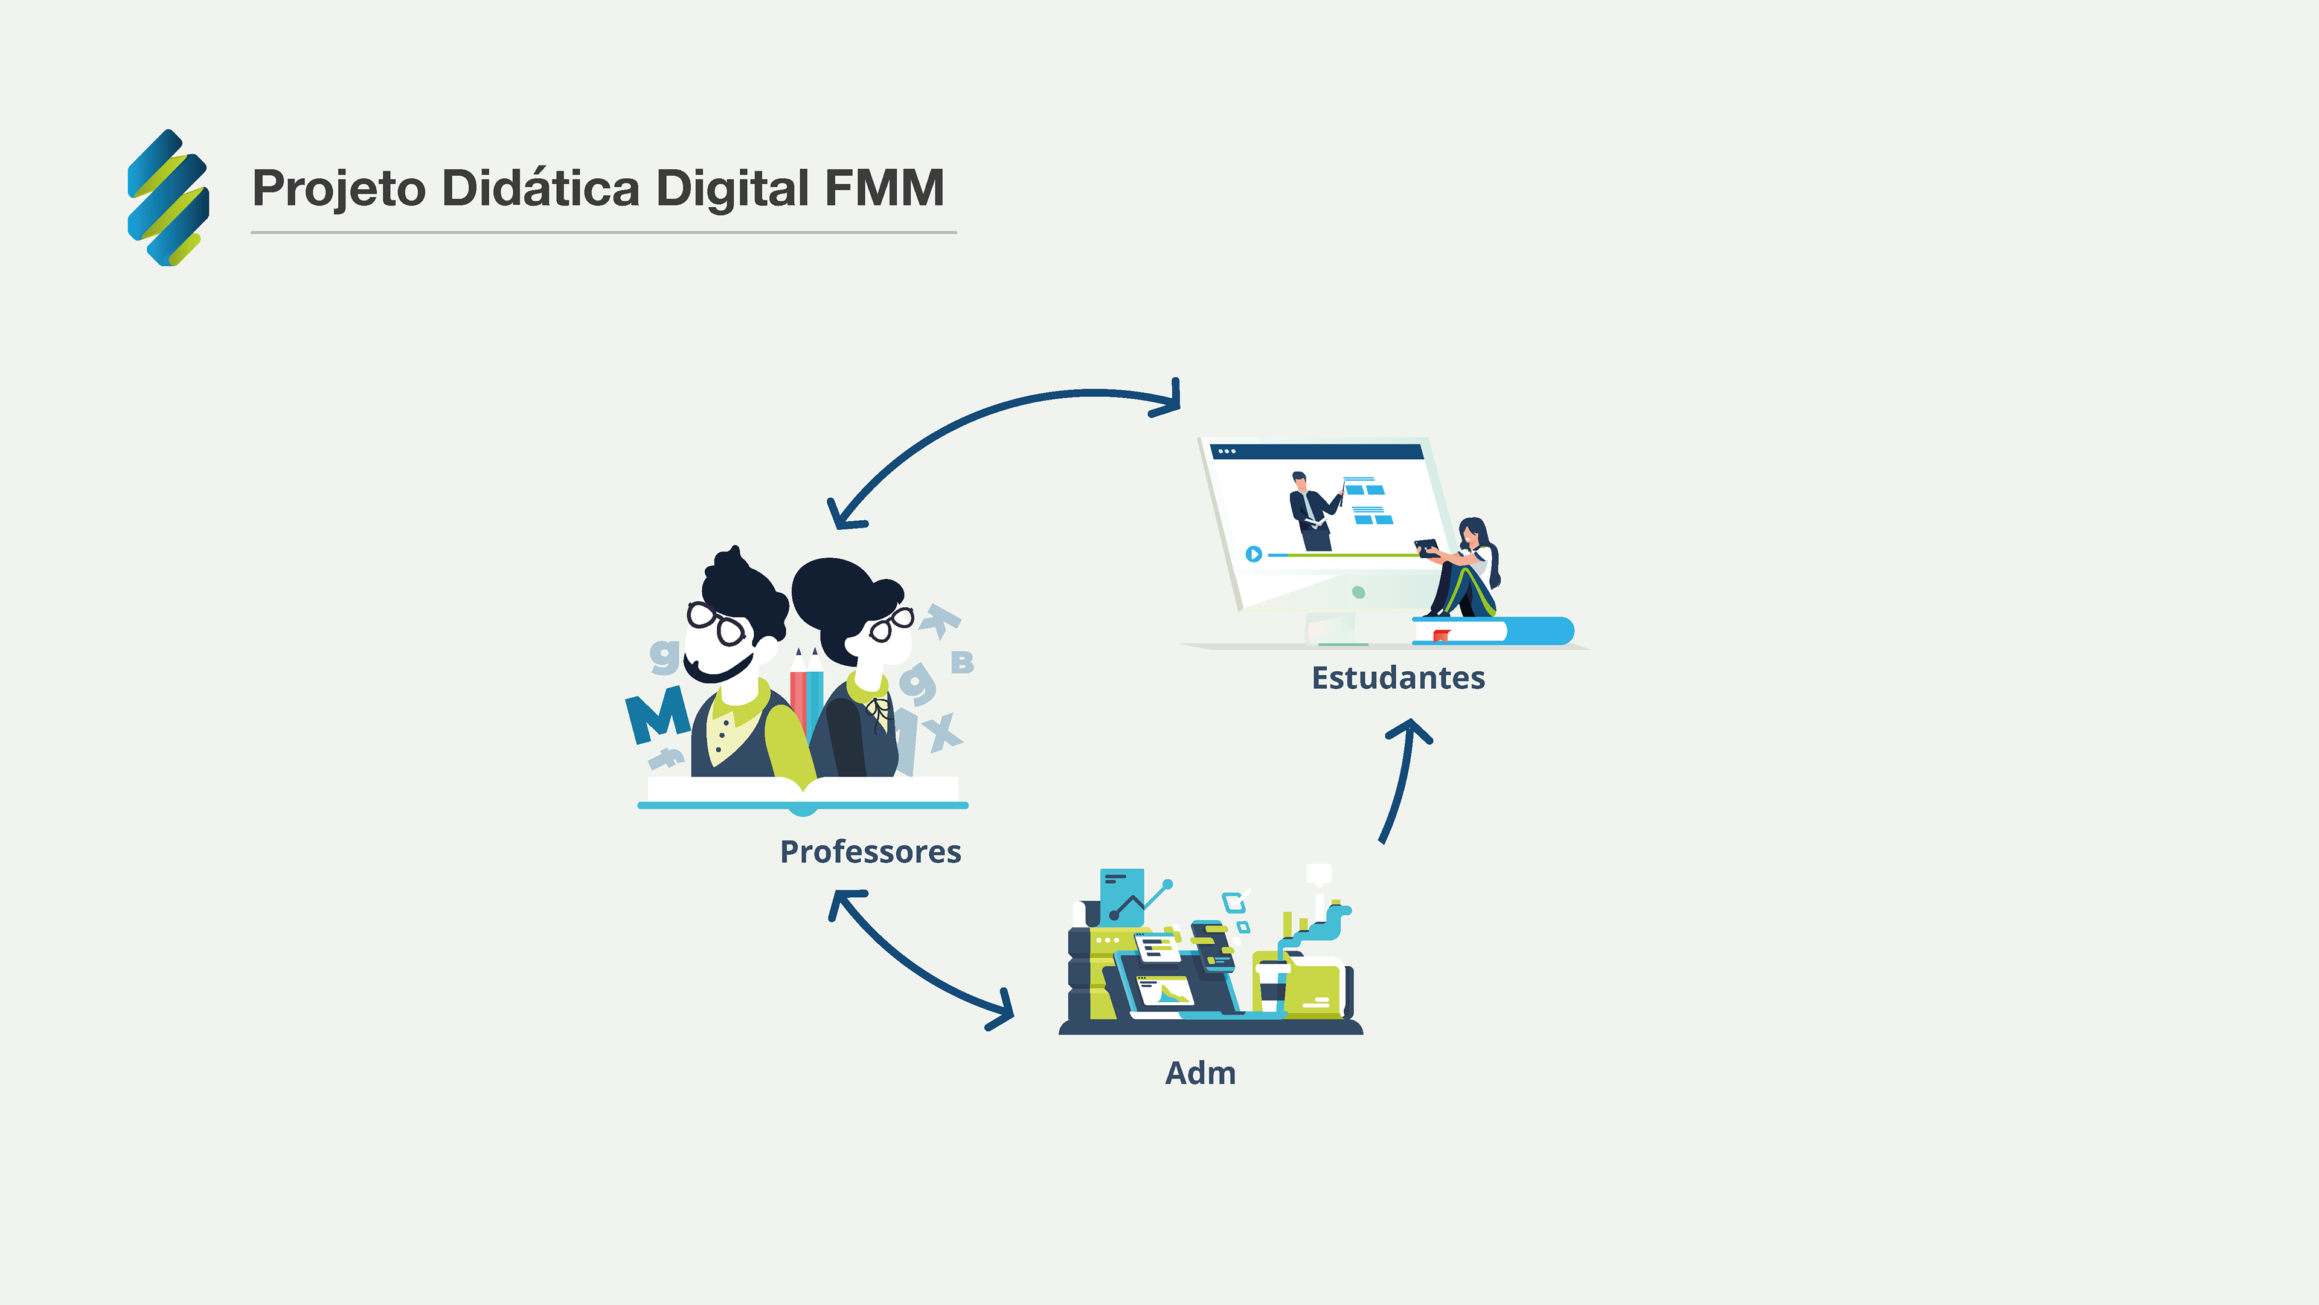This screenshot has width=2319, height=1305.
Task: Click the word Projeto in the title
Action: tap(338, 189)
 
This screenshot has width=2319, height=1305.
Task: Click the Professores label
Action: tap(870, 852)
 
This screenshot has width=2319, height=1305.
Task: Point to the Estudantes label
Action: tap(1398, 678)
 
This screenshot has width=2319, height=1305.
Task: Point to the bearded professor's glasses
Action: tap(717, 623)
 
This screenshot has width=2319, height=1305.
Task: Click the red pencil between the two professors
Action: tap(798, 703)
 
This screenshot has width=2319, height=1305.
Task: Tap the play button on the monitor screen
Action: tap(1253, 554)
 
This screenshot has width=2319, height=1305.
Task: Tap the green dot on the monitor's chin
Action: tap(1358, 593)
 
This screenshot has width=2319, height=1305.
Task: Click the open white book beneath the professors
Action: tap(802, 793)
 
